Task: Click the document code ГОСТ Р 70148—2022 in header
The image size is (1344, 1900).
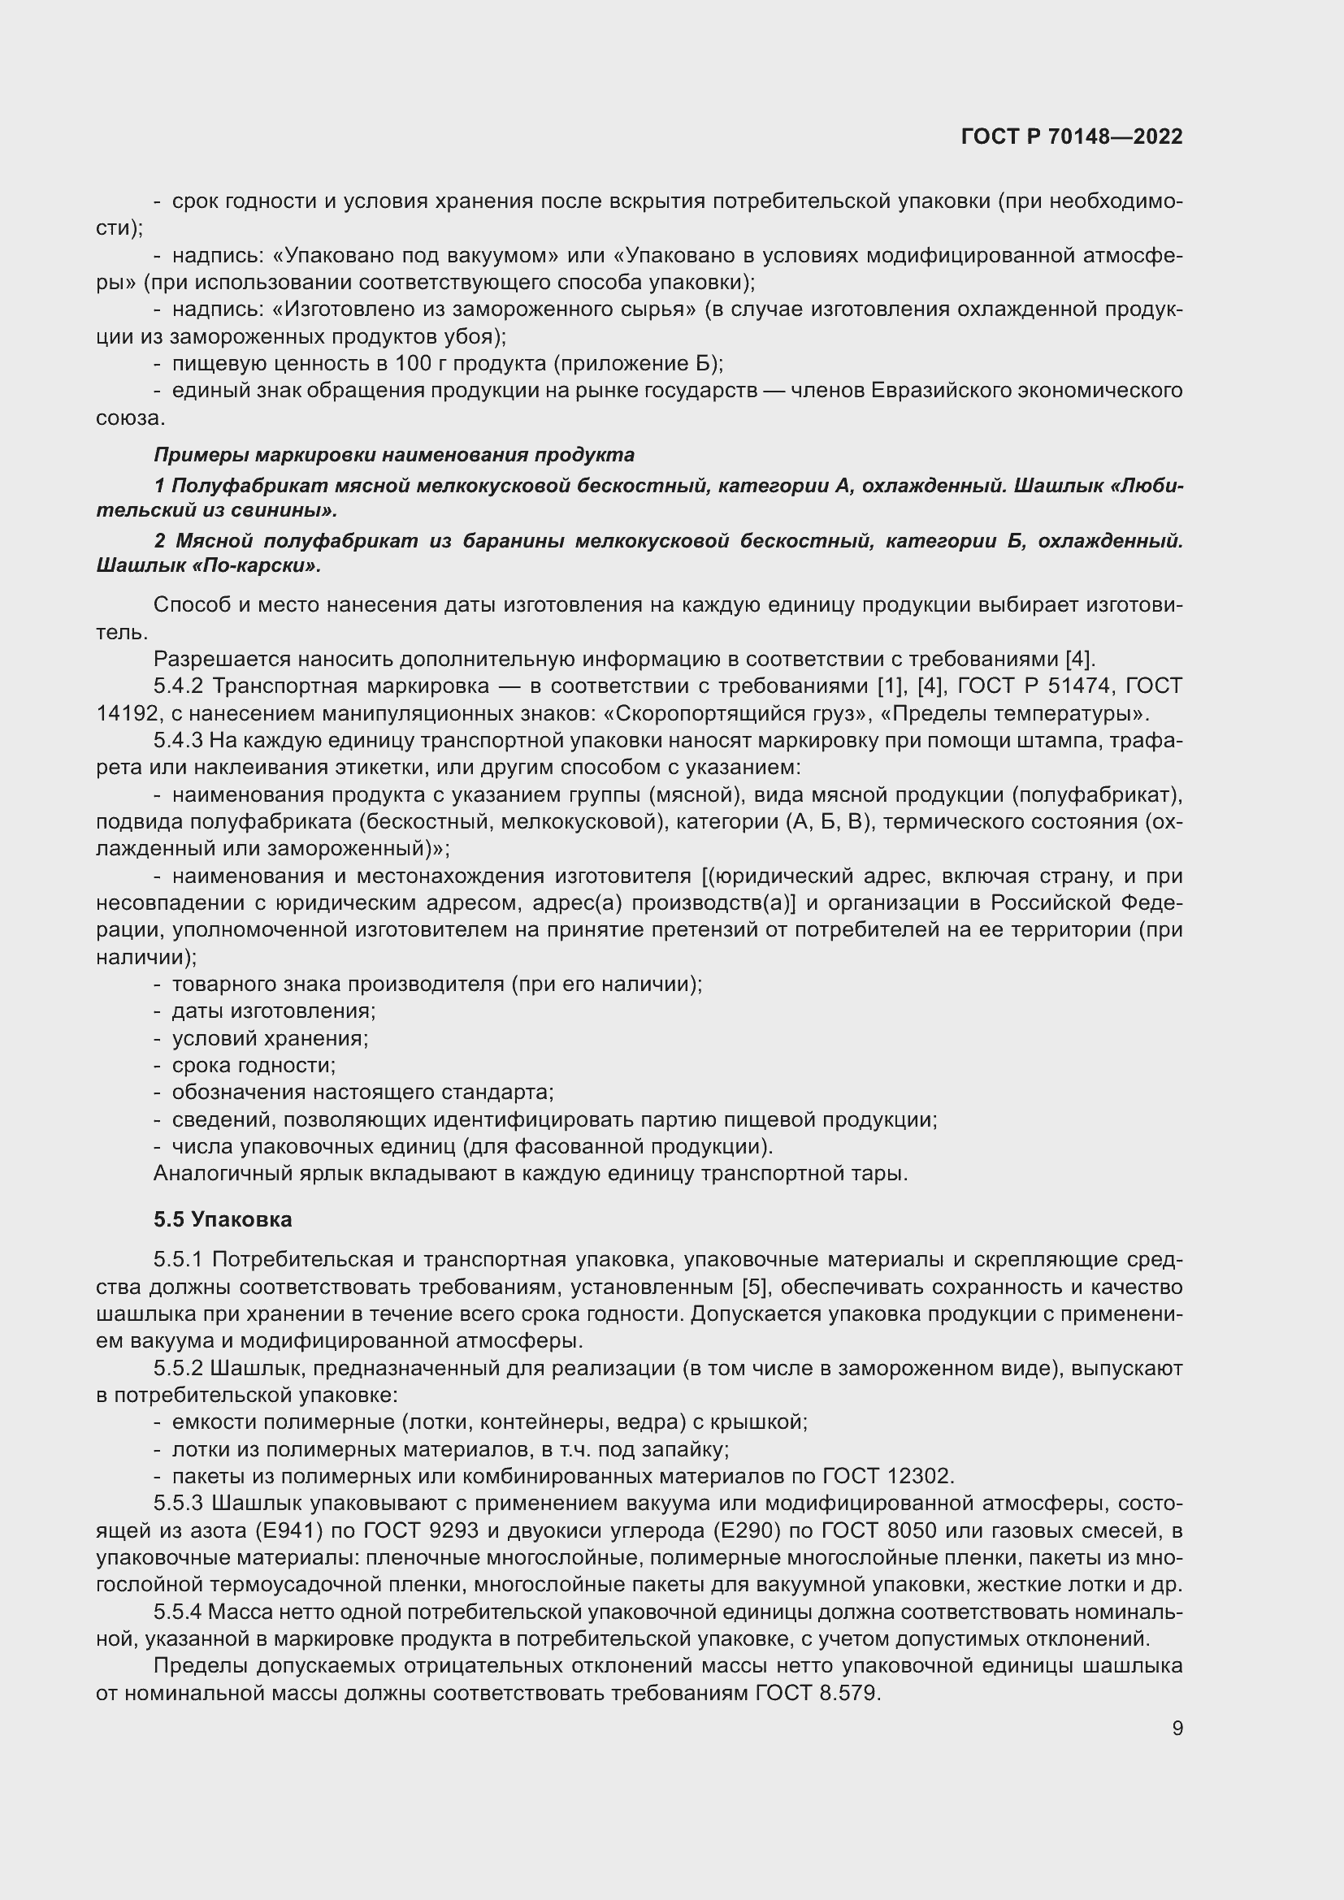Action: pos(1072,136)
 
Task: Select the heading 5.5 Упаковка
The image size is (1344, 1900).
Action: pos(223,1220)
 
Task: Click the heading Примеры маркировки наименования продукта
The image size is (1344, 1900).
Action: pos(394,454)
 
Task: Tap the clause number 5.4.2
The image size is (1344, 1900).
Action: pos(179,686)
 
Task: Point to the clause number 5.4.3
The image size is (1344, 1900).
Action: pos(179,741)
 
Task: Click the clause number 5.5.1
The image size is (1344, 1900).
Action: pos(179,1260)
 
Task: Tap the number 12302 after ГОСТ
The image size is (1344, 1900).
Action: pos(920,1476)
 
